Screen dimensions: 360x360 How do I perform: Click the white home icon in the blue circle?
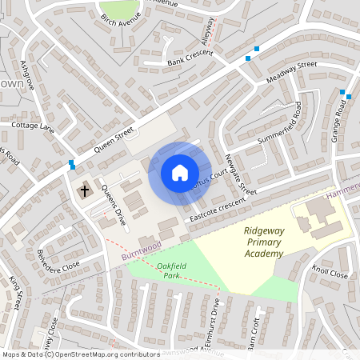point(180,173)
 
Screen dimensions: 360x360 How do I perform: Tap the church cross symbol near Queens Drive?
point(84,191)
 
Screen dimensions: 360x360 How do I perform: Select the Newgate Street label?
point(240,174)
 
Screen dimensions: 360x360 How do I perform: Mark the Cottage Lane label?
point(30,126)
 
